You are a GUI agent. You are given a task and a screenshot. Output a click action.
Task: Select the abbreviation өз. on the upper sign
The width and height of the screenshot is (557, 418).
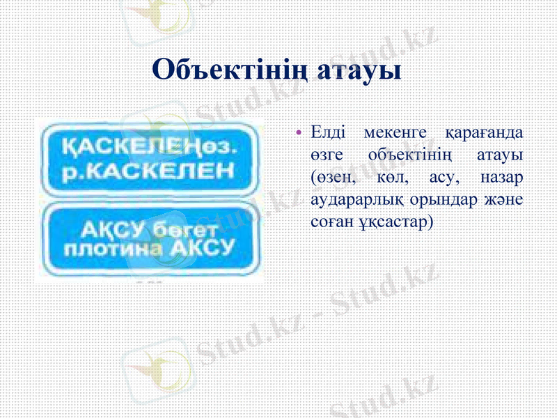221,148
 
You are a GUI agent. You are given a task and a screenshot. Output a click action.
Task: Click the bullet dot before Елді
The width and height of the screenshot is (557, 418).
299,133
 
